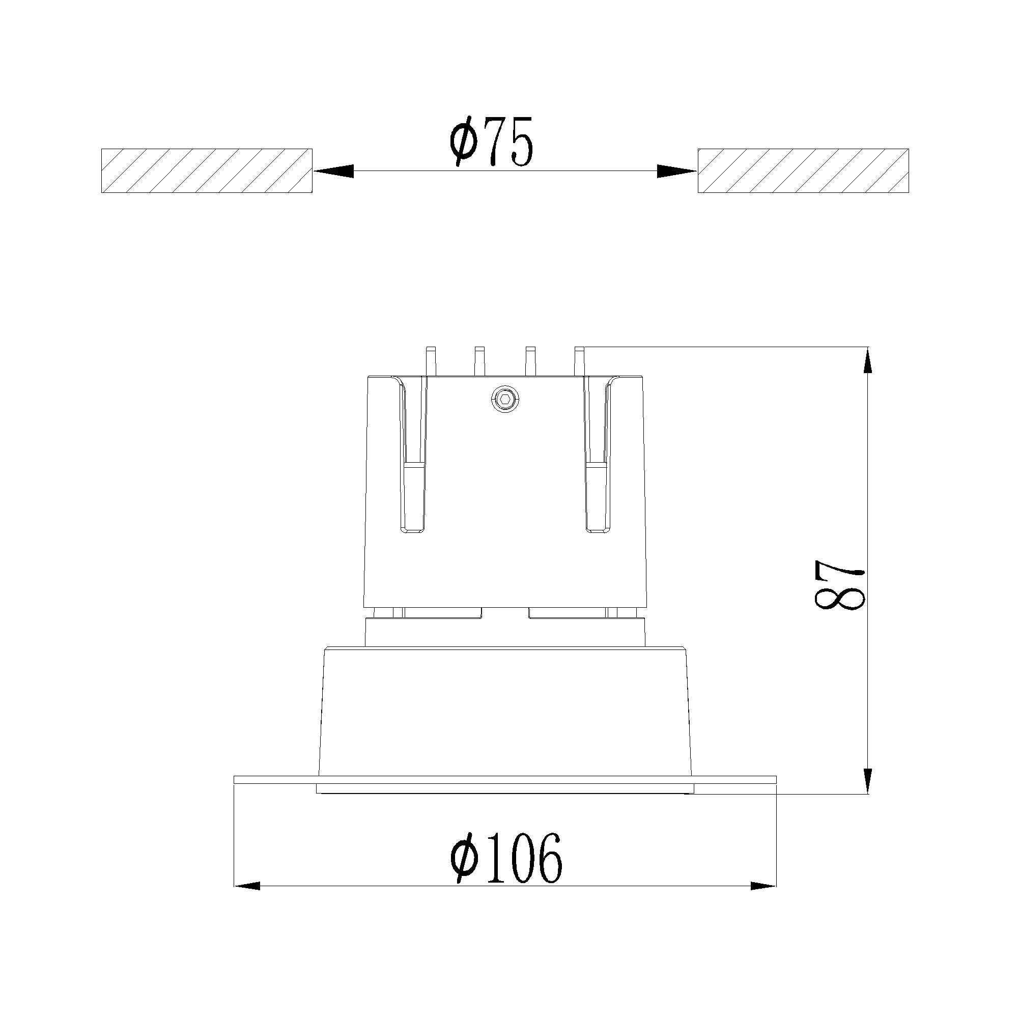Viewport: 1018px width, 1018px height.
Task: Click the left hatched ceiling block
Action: point(207,171)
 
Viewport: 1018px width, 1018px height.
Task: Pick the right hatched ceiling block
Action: point(803,171)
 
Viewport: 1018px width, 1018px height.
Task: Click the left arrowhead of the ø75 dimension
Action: point(333,171)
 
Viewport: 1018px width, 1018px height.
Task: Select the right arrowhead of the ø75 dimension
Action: point(677,171)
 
